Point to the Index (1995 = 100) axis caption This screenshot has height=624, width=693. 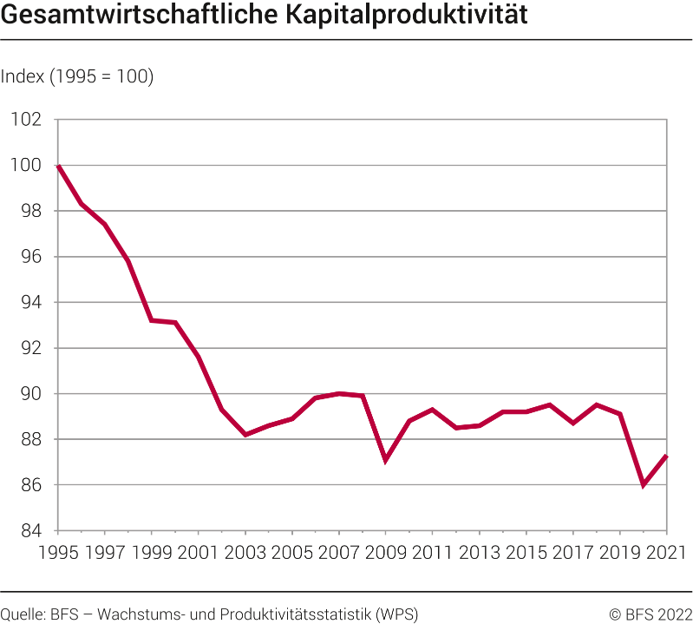(x=77, y=76)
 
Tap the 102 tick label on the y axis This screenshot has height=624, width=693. (x=26, y=120)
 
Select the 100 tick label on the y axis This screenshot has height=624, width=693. (x=26, y=166)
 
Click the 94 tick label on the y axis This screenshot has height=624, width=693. (x=31, y=303)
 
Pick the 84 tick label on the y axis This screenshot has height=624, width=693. (x=31, y=531)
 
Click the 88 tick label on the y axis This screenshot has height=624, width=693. (x=31, y=440)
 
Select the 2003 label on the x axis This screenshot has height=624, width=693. (x=245, y=552)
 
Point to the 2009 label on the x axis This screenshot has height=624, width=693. (x=386, y=552)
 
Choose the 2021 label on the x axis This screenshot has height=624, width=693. (x=665, y=552)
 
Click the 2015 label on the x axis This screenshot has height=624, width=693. (x=526, y=552)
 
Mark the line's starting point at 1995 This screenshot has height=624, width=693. (x=58, y=166)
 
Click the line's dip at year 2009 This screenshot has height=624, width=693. (x=385, y=460)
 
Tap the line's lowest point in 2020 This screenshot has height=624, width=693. (x=644, y=485)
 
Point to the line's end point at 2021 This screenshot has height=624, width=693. (x=666, y=457)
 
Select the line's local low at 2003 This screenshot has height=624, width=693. (x=245, y=435)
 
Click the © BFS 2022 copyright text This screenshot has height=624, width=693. (x=650, y=614)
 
